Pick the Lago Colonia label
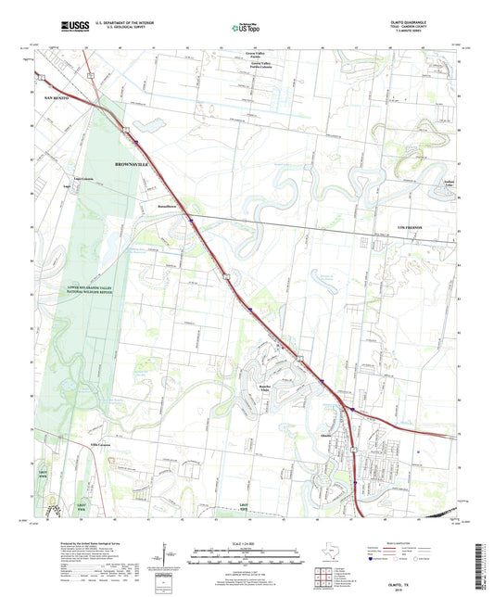click(84, 177)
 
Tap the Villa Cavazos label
click(99, 445)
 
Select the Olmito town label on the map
click(328, 432)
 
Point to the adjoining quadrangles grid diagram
click(323, 579)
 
